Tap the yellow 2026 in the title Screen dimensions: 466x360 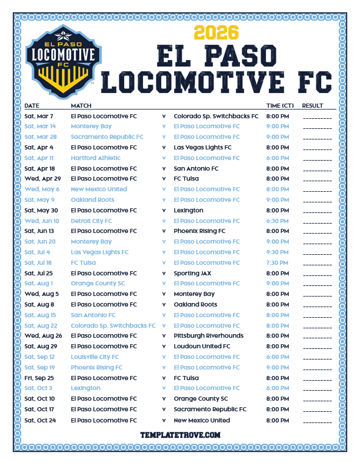(215, 32)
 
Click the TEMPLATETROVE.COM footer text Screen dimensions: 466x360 (180, 435)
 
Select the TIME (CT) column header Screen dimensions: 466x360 (280, 106)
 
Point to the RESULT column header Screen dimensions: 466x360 (312, 106)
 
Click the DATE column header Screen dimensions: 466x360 (32, 106)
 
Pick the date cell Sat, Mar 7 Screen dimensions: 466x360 (39, 116)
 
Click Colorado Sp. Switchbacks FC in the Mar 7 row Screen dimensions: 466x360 (216, 116)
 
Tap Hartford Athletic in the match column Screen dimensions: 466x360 (95, 158)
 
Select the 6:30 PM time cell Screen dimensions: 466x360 (278, 221)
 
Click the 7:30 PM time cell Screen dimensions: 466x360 (278, 262)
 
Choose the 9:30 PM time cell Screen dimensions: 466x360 (278, 252)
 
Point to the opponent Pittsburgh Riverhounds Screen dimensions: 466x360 (209, 336)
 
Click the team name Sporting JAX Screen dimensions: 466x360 (191, 273)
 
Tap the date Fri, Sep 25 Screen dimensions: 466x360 (39, 378)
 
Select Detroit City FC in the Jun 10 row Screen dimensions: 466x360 (91, 221)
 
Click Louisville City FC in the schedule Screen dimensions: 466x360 (95, 357)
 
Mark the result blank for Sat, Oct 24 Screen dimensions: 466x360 (317, 421)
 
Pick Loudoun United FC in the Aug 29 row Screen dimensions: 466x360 (202, 347)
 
